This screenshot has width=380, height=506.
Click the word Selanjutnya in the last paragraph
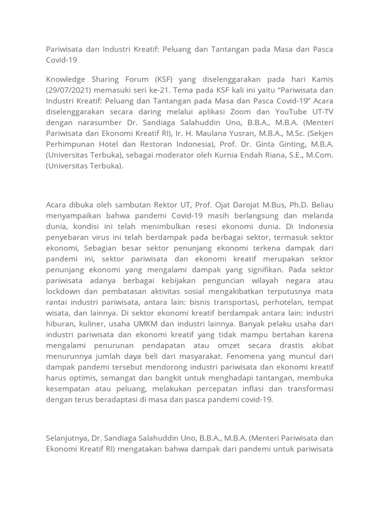tap(70, 437)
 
